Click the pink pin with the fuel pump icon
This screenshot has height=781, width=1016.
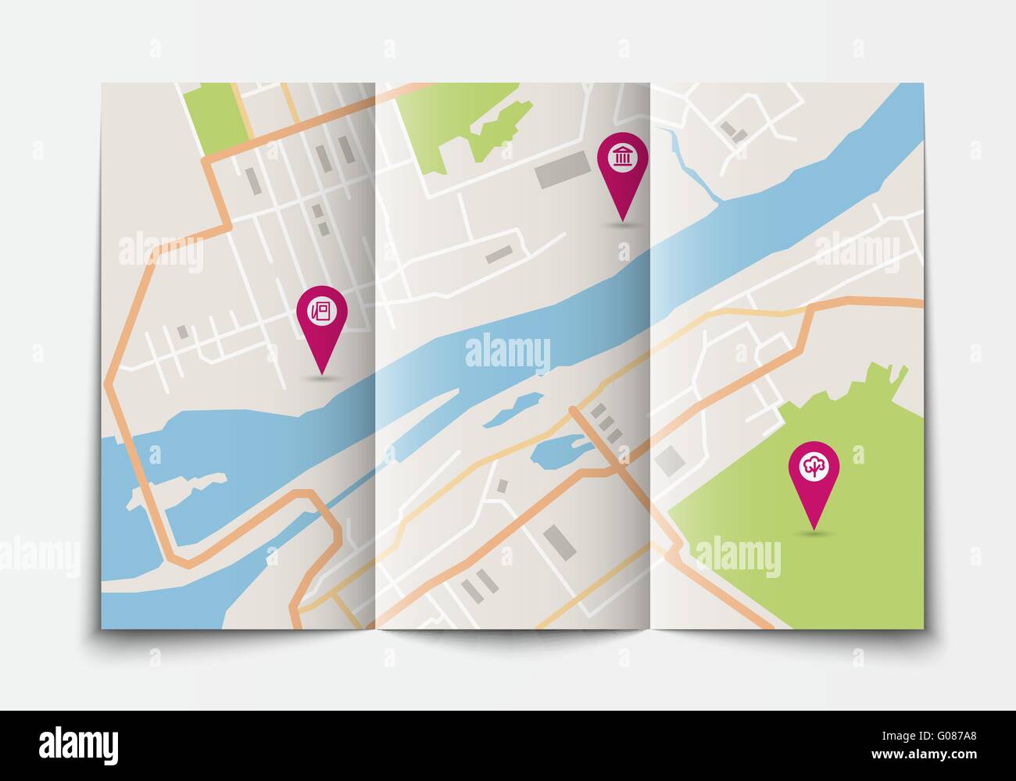pyautogui.click(x=321, y=312)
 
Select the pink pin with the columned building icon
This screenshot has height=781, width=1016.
pyautogui.click(x=623, y=160)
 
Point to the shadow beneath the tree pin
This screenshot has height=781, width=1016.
pyautogui.click(x=814, y=533)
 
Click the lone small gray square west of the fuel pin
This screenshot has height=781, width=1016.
pyautogui.click(x=183, y=332)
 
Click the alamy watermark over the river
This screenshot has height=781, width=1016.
pyautogui.click(x=507, y=352)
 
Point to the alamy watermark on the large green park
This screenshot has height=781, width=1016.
pyautogui.click(x=737, y=558)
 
